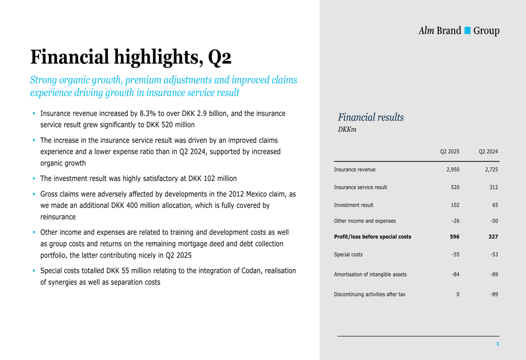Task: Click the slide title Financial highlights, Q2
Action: click(x=130, y=57)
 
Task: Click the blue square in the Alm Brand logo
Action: click(x=467, y=30)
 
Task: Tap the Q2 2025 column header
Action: click(x=450, y=152)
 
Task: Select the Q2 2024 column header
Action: click(x=488, y=152)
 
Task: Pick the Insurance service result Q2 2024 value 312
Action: click(x=493, y=188)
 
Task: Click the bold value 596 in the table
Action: click(x=454, y=237)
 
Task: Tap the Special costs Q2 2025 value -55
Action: click(x=456, y=255)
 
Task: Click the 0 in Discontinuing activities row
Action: click(x=458, y=294)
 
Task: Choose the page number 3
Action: click(x=497, y=344)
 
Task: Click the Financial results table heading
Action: click(x=371, y=117)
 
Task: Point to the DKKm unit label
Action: click(x=347, y=129)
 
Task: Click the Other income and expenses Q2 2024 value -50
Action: click(x=493, y=221)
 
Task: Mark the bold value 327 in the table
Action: click(x=492, y=237)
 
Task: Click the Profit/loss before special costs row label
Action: click(x=372, y=237)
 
